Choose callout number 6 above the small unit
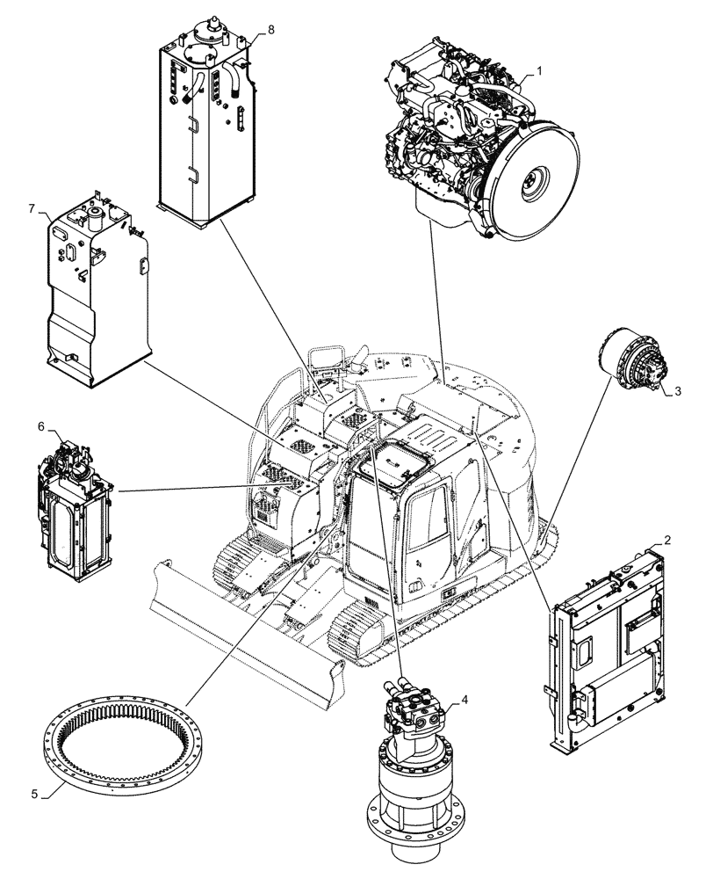(40, 425)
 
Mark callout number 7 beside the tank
(32, 209)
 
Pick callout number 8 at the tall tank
(270, 29)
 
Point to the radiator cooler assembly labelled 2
(610, 650)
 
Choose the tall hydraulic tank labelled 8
(205, 123)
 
